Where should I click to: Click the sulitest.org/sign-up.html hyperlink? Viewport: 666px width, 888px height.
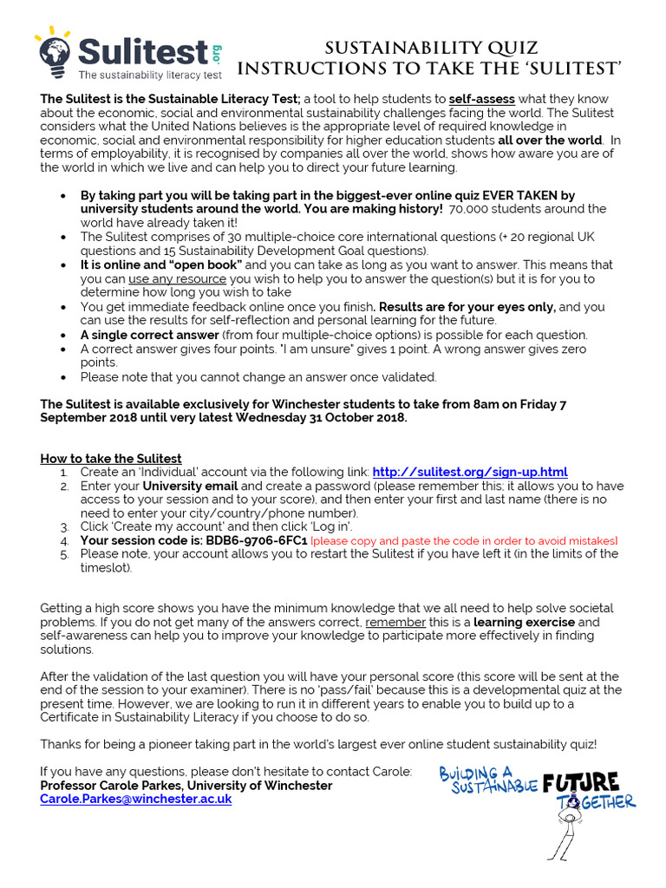click(469, 472)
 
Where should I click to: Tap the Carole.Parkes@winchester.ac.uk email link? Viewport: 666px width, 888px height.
click(135, 800)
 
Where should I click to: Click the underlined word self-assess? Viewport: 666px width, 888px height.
click(481, 100)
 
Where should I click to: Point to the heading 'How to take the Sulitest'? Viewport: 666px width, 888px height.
click(111, 458)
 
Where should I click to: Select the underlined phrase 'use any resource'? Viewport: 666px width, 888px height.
click(177, 278)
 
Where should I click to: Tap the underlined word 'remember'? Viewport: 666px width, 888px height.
click(395, 623)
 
